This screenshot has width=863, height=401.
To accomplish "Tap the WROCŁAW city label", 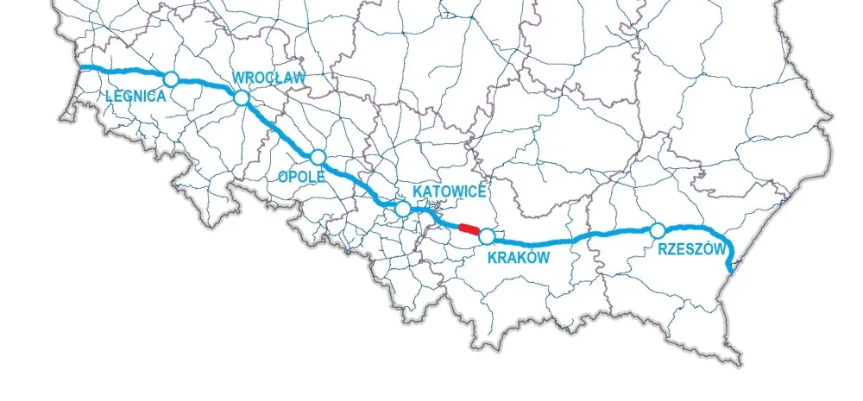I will click(269, 78).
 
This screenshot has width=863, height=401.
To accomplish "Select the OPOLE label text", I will click(300, 176).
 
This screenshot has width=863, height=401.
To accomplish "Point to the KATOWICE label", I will click(450, 191).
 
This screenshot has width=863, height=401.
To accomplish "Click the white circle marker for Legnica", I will click(171, 79).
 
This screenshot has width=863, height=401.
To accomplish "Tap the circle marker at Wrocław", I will click(242, 98).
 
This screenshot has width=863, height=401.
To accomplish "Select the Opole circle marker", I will click(318, 157).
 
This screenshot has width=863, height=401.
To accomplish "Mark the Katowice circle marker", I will click(402, 209).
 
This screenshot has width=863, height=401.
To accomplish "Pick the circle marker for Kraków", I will click(487, 236).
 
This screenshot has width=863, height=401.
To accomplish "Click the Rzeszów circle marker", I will click(658, 230).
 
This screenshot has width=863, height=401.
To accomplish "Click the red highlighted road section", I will click(468, 229).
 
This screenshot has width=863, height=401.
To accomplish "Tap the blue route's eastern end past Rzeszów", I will click(731, 271).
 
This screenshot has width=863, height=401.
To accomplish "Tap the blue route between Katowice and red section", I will click(436, 218).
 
